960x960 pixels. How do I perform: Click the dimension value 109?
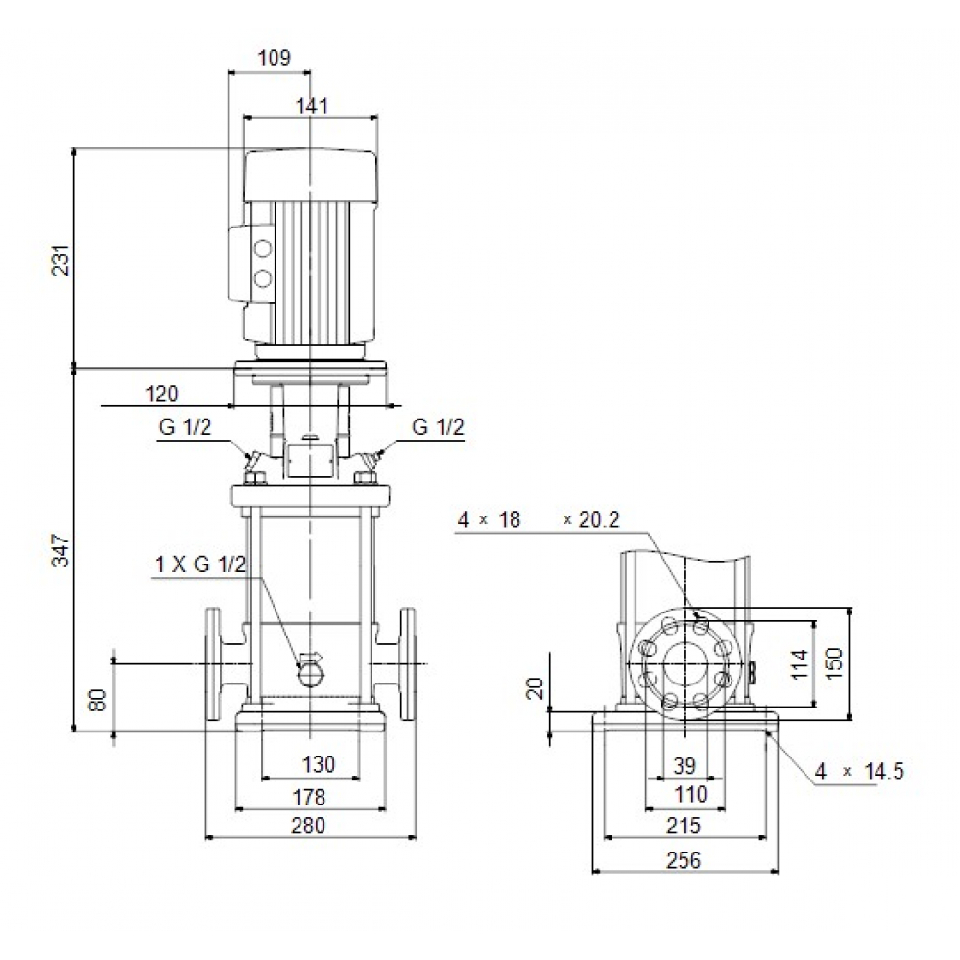tap(274, 58)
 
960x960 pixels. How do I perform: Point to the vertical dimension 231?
tap(60, 257)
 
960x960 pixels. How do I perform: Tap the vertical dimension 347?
tap(60, 550)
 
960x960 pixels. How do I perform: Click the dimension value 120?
tap(161, 394)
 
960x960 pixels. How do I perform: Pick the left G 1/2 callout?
tap(184, 428)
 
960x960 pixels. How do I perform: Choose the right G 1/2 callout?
tap(438, 427)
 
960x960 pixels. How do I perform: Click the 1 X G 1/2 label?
tap(200, 565)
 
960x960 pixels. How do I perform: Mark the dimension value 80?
tap(96, 699)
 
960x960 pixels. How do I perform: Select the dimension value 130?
tap(319, 764)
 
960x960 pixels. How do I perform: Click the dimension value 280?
tap(309, 826)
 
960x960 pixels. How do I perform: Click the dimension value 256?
tap(684, 860)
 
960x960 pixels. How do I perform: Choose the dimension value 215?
tap(684, 826)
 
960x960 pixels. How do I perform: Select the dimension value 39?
tap(684, 765)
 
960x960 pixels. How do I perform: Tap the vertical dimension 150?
tap(834, 662)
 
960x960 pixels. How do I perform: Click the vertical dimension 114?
tap(800, 662)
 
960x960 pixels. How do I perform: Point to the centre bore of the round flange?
tap(684, 662)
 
